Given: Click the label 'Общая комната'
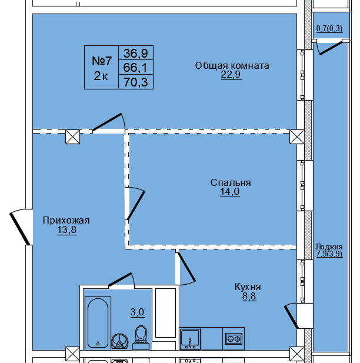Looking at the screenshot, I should coord(232,65).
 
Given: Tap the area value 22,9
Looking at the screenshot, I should coord(232,75).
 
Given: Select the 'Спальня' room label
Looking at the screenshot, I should coord(231,182).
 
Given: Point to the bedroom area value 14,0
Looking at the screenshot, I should coord(231,192).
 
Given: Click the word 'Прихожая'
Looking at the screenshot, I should coord(66,221).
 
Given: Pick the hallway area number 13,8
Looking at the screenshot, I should coord(66,231).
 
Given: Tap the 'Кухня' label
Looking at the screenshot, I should coord(248,287).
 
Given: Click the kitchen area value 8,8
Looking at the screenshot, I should coord(248,297).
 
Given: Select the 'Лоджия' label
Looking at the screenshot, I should coord(329,247).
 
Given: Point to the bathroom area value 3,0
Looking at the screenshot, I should coord(137,312).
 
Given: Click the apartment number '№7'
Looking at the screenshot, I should coord(102,61).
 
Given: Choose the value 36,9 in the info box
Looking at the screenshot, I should coord(136,53).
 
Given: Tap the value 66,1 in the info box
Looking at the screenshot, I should coord(136,68).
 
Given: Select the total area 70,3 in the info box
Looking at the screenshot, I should coord(136,82).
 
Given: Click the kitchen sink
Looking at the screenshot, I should coord(190,339).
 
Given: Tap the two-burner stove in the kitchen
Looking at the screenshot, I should coord(234,339).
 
